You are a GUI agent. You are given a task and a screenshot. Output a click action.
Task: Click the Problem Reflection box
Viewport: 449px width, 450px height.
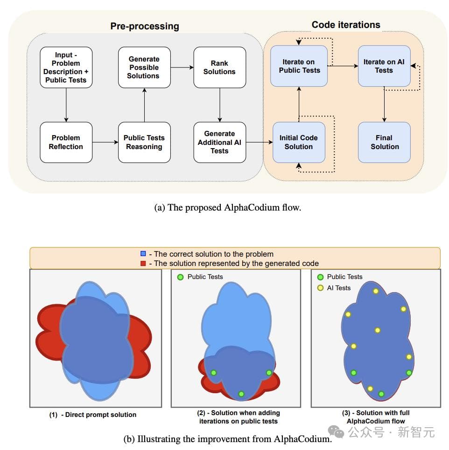click(66, 143)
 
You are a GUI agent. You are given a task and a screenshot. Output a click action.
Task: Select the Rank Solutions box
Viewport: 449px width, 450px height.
click(219, 67)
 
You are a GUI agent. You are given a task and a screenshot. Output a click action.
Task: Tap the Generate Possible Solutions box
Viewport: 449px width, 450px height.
click(144, 67)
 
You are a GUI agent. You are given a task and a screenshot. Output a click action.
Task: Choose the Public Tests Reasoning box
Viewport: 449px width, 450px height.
click(144, 143)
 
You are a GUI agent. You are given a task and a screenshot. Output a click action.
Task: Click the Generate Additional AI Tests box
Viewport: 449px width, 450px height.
click(219, 143)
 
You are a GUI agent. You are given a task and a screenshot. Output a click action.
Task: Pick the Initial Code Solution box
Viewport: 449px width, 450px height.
click(299, 143)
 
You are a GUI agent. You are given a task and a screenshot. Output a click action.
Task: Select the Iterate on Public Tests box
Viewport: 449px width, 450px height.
click(299, 66)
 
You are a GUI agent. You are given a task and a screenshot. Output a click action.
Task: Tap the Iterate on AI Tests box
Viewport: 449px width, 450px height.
click(384, 66)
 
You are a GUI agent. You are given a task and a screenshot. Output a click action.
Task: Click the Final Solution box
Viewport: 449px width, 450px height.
click(385, 143)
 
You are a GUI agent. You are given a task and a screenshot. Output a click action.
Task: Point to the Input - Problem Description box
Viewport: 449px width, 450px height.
click(66, 67)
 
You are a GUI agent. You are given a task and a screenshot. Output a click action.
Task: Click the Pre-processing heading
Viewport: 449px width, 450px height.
click(144, 26)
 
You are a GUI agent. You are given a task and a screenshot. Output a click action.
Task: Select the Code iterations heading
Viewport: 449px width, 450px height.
click(346, 25)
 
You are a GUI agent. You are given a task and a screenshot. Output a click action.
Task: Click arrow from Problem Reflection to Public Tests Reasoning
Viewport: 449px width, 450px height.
click(105, 143)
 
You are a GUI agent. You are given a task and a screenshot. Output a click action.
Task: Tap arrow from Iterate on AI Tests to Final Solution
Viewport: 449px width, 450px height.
click(384, 104)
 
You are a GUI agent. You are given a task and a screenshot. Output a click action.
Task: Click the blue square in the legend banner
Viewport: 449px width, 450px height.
click(143, 254)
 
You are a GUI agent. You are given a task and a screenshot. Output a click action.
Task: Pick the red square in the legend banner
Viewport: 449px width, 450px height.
click(143, 263)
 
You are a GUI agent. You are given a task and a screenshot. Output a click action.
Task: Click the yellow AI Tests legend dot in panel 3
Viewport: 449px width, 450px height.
click(320, 288)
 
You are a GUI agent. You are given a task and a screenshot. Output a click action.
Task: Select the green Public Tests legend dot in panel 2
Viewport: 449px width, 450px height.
click(180, 277)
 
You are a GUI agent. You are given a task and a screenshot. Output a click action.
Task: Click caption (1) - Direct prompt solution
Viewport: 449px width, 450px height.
click(93, 415)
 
